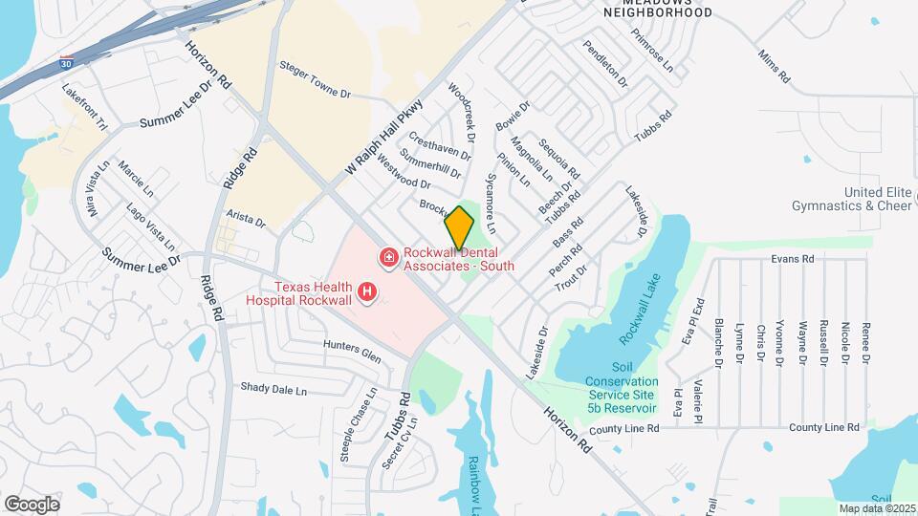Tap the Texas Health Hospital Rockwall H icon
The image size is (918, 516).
(x=365, y=291)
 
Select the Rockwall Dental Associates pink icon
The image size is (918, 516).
(x=389, y=257)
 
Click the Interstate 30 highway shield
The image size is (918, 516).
(x=63, y=60)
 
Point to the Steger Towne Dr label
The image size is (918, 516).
(x=316, y=80)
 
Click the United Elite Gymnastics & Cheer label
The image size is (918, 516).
(x=852, y=199)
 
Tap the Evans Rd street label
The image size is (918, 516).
(x=793, y=258)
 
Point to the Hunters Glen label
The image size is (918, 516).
(x=352, y=351)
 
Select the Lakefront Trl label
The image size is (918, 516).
(x=86, y=107)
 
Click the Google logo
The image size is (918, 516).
(x=32, y=504)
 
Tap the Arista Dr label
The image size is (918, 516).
(x=246, y=221)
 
